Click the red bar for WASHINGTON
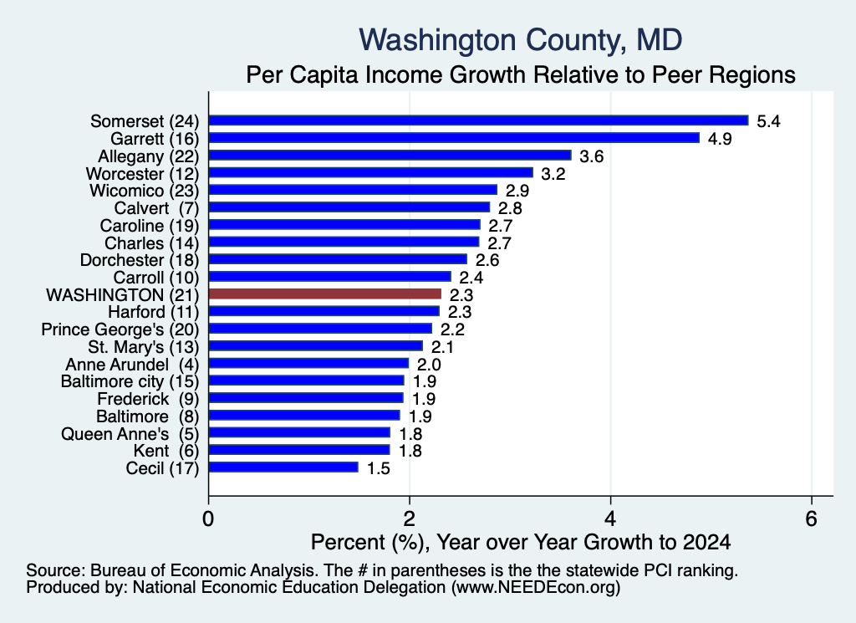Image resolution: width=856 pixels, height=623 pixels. (325, 294)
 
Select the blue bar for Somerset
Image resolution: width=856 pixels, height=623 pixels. (479, 120)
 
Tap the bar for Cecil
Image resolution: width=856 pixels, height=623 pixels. (283, 467)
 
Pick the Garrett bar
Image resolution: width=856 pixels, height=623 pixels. (454, 138)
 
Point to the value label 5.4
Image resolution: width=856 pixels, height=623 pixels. (768, 121)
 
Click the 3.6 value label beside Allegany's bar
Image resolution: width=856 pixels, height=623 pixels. (591, 156)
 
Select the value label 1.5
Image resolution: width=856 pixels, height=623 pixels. (378, 468)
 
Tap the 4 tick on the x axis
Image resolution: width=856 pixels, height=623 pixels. (610, 518)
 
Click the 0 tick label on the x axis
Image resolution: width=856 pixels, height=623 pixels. (208, 518)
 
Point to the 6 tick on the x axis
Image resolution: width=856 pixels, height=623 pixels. (811, 518)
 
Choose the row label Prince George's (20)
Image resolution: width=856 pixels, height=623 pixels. (120, 329)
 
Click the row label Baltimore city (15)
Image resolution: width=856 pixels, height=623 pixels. (130, 381)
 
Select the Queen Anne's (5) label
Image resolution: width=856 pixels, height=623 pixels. (130, 434)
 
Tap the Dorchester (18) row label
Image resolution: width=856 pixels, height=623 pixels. (140, 260)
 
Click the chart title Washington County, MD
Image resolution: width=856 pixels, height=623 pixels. (520, 40)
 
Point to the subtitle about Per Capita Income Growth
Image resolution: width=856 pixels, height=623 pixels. (520, 74)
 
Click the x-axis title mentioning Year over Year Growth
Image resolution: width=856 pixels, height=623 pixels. (520, 542)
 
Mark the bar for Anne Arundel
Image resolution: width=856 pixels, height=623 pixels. (309, 363)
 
